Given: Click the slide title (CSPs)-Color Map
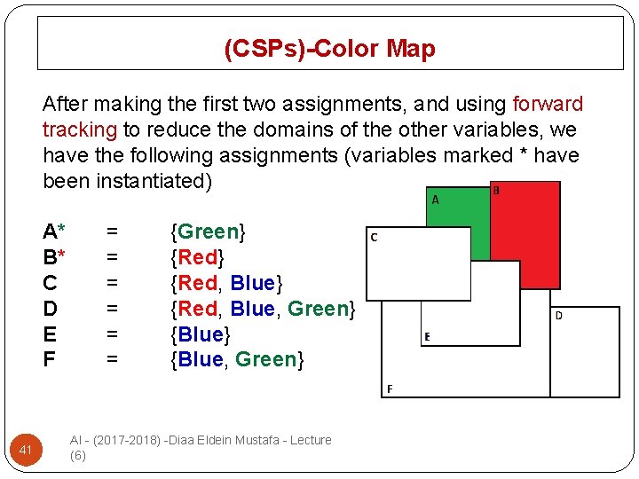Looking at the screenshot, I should pos(329,48).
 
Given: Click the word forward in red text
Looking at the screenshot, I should pos(548,105).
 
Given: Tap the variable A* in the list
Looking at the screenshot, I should pos(53,232).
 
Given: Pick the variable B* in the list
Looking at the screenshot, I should pos(53,258).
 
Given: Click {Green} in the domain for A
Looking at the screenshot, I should pos(208,232).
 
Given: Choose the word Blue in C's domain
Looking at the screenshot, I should pos(252,284).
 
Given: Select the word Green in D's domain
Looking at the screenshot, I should pos(318,310).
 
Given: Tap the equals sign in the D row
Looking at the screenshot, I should pos(112,310).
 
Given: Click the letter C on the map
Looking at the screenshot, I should pos(374,237).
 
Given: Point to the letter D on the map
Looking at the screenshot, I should pos(558,316).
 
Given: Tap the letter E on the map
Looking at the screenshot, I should pos(427,337).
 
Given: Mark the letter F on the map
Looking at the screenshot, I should pos(389,389).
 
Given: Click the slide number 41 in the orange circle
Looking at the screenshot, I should pos(26,452).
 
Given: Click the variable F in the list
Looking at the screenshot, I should pos(49,360).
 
